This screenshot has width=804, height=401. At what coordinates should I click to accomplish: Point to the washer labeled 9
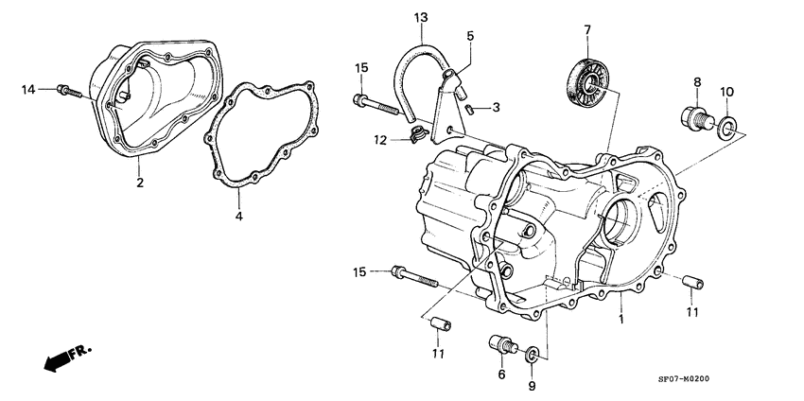(x=533, y=355)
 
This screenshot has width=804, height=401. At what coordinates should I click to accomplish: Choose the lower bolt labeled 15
(x=411, y=277)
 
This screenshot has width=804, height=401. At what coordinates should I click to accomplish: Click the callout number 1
(x=620, y=320)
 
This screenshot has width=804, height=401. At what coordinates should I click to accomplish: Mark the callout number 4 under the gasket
(x=239, y=217)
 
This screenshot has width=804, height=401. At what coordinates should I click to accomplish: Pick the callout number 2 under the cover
(x=139, y=183)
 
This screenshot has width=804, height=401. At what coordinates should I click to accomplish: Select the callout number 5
(x=470, y=36)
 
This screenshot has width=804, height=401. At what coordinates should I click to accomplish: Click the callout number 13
(x=420, y=17)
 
